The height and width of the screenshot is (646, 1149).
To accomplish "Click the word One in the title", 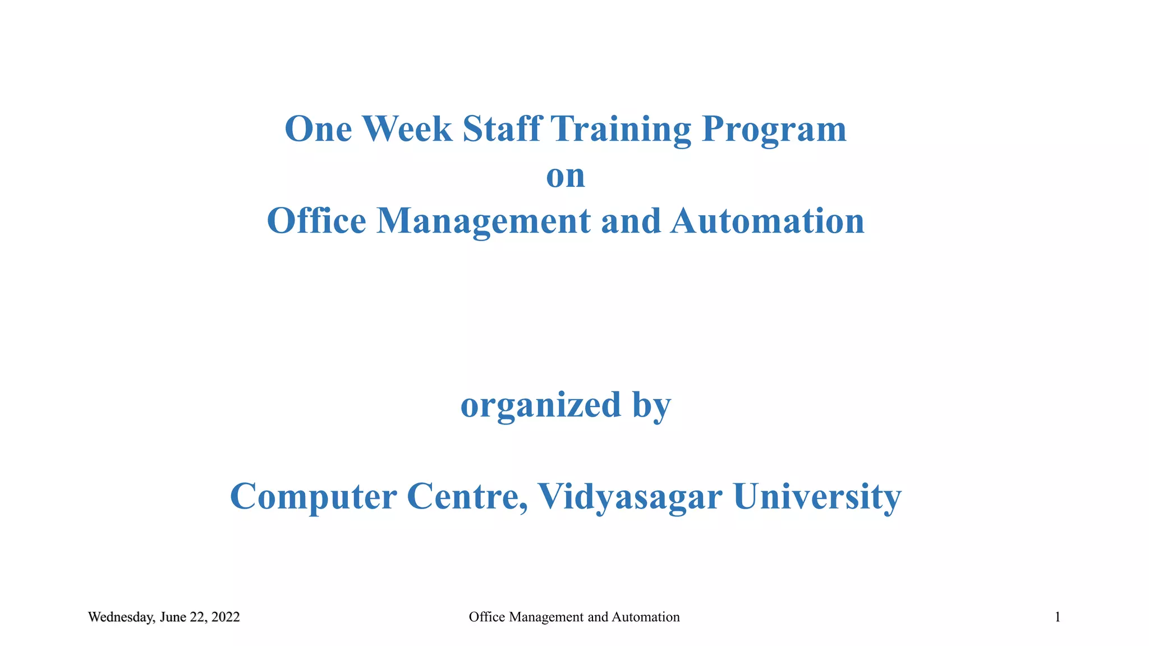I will pos(318,129).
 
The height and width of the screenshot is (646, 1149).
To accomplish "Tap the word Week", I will pos(407,129).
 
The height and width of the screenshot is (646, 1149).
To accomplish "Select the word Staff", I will pos(502,129).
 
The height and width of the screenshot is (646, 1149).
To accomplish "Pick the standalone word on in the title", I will pos(566,176).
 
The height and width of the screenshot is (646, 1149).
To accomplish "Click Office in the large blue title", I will pos(316,221).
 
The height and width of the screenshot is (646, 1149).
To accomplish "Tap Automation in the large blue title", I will pos(767,221).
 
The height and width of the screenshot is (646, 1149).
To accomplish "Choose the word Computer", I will pos(314,497).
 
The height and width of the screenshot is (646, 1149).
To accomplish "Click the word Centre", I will pos(467,497).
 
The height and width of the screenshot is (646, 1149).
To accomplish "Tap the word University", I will pos(817,497).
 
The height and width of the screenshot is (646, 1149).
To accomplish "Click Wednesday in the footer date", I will pos(121,617).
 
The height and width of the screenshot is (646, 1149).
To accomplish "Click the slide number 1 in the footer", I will pos(1058,617).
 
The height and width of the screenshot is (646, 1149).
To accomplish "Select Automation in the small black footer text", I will pos(645,617).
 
